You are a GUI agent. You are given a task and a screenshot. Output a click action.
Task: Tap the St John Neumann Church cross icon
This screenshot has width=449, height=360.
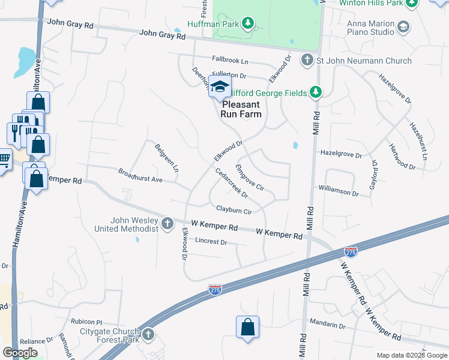point(307,60)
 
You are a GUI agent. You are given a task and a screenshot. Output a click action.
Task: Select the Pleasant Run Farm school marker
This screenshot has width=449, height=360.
point(220,88)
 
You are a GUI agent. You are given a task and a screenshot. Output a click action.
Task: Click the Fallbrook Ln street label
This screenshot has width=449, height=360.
point(230,61)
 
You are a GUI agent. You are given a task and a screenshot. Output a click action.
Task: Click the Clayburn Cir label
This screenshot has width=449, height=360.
point(234,211)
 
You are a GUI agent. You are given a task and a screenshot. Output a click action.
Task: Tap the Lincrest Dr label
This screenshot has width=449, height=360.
point(211,242)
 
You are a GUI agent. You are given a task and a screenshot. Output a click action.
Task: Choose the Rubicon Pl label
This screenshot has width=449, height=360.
point(87,322)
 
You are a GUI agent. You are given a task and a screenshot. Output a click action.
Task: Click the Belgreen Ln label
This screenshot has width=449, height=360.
point(166,158)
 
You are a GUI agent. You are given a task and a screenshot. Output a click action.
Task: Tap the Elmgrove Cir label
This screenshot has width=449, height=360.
point(250,178)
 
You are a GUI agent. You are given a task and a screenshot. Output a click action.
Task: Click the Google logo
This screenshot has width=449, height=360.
point(20,352)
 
